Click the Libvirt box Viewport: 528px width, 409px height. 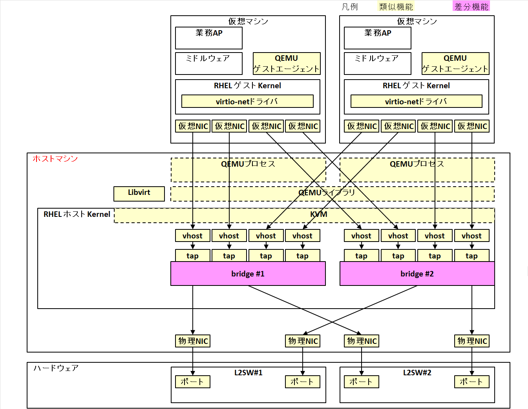[x=139, y=193]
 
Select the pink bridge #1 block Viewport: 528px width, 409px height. [x=248, y=274]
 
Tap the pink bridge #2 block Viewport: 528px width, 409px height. [x=417, y=274]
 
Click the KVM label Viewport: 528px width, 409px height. [x=318, y=214]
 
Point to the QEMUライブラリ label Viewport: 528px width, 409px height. [x=327, y=193]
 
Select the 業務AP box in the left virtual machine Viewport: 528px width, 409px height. [x=208, y=38]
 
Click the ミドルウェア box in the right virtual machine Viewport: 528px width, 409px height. [x=377, y=63]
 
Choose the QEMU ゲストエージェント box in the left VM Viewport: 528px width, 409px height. [x=287, y=64]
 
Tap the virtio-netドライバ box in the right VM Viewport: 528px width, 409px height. [x=416, y=101]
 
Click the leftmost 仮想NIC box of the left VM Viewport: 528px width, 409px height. [x=193, y=126]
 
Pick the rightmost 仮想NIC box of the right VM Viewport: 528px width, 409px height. [x=472, y=126]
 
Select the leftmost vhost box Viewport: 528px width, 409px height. [x=192, y=236]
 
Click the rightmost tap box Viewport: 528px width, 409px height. [x=471, y=256]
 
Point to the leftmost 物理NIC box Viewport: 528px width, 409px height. [x=193, y=341]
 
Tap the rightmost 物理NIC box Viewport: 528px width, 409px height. [x=472, y=341]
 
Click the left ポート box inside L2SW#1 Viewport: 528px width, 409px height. [x=192, y=382]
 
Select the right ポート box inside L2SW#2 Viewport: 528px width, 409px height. [x=471, y=382]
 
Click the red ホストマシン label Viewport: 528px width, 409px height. [x=55, y=158]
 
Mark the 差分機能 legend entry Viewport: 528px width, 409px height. [x=471, y=6]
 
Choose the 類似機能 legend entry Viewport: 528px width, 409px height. [x=396, y=7]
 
